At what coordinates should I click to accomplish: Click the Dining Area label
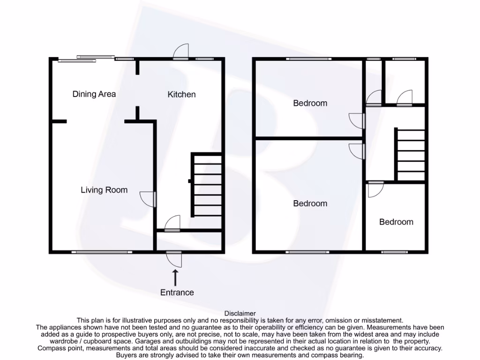(94, 94)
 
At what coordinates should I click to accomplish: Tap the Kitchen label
(181, 95)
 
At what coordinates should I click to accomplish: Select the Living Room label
(104, 190)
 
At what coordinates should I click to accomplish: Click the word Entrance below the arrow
(177, 292)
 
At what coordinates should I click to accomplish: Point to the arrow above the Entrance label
(176, 277)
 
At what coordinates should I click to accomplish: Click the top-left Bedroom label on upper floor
(310, 103)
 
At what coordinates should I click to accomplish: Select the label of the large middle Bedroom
(310, 203)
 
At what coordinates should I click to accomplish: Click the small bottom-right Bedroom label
(396, 222)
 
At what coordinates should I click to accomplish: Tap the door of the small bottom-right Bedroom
(375, 188)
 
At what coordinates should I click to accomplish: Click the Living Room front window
(99, 252)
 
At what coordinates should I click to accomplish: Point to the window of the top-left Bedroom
(309, 59)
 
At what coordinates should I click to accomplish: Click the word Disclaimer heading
(240, 313)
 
